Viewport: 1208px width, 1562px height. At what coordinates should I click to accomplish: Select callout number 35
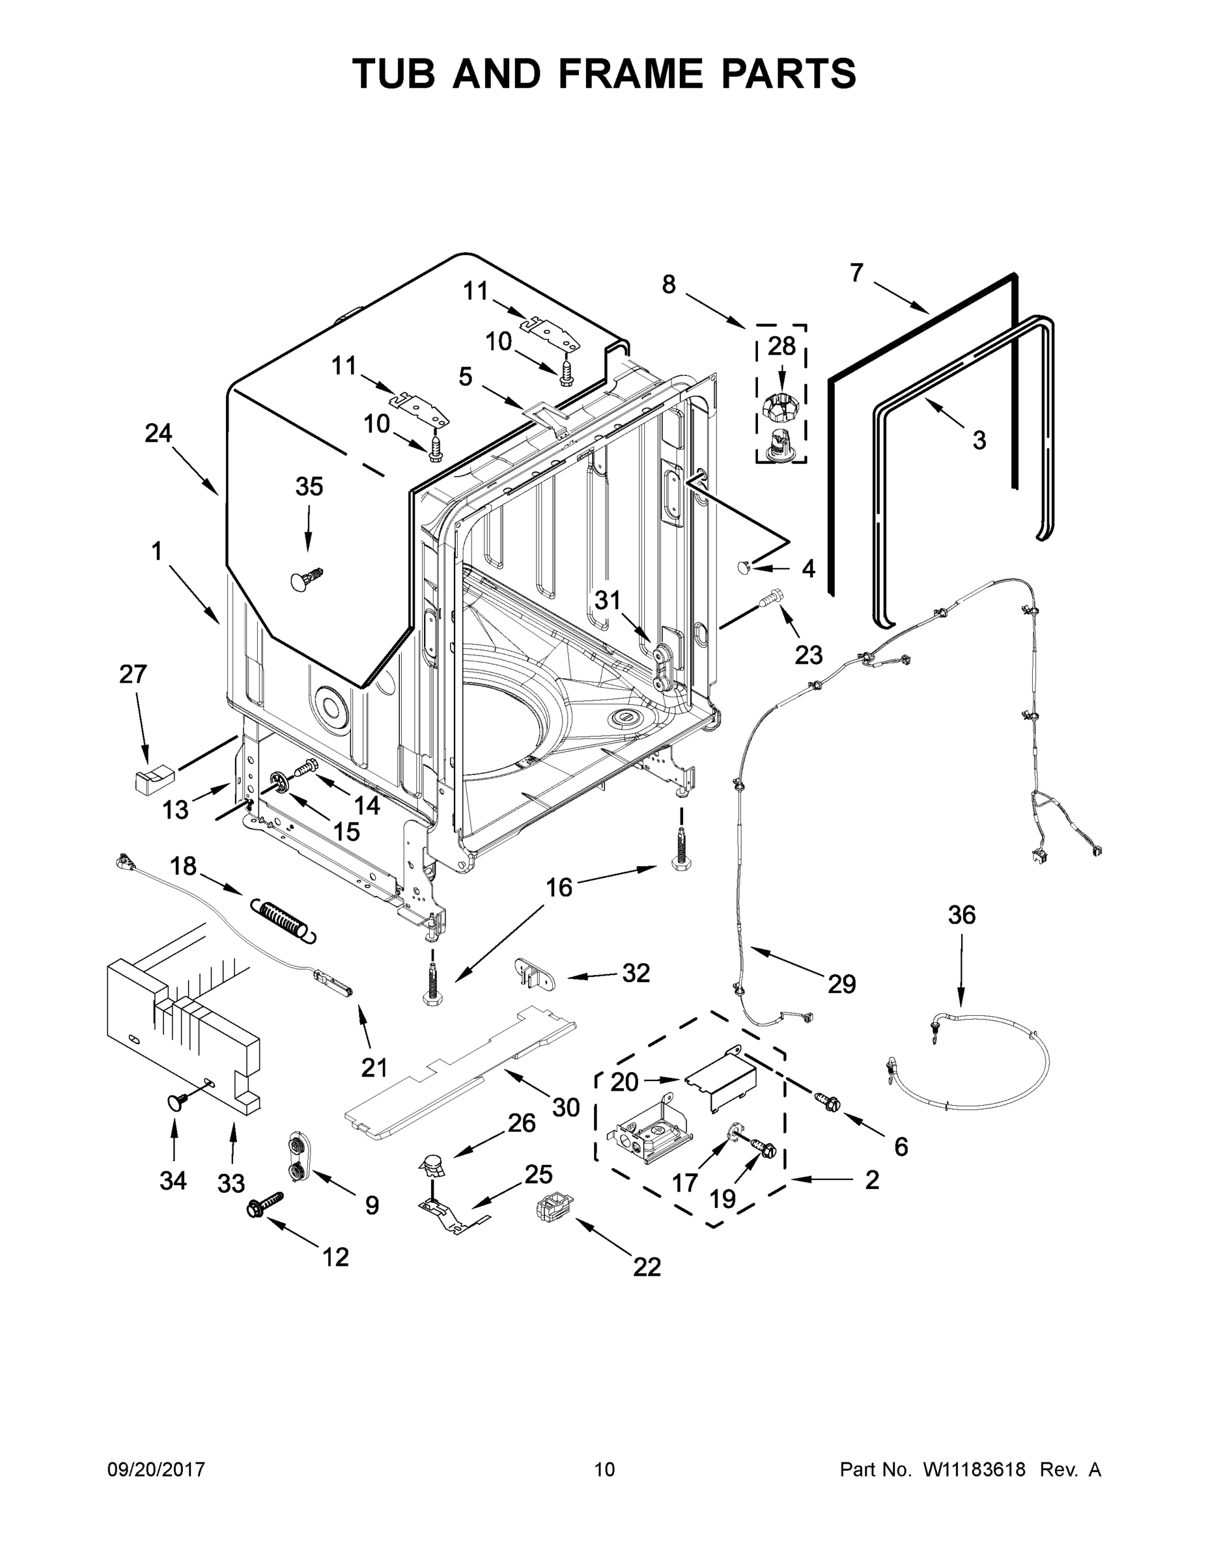click(309, 486)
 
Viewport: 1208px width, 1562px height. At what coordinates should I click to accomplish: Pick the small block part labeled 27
click(154, 778)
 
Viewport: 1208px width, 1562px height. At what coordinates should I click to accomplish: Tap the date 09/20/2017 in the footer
click(156, 1470)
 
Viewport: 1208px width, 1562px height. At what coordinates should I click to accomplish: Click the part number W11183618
click(974, 1470)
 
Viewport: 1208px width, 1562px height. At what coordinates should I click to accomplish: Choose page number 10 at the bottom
click(605, 1470)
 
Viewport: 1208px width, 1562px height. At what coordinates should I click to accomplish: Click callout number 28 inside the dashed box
click(781, 346)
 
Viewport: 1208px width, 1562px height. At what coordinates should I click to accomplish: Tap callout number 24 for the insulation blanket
click(158, 433)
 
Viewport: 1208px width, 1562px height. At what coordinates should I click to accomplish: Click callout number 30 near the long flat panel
click(565, 1108)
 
